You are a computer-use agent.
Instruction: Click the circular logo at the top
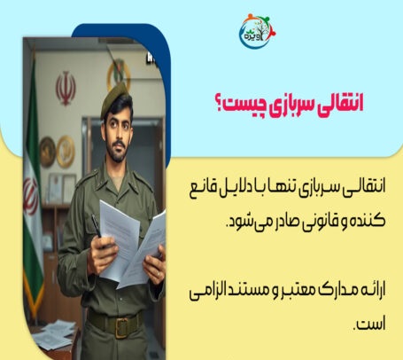[x=257, y=31]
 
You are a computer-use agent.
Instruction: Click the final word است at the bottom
[x=370, y=324]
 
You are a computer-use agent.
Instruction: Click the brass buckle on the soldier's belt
[x=122, y=327]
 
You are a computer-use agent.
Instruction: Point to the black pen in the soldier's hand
[x=97, y=227]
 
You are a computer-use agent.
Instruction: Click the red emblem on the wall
[x=66, y=88]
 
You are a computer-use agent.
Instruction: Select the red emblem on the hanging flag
[x=30, y=196]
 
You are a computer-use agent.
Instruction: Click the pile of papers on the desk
[x=54, y=334]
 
